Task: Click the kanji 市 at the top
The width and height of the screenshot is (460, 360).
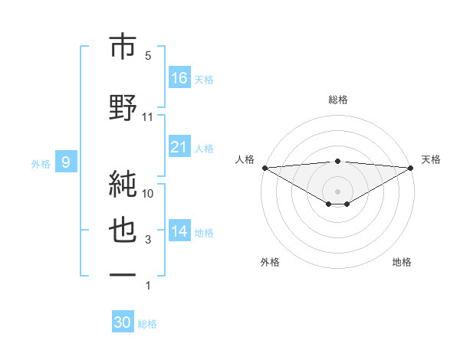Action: (123, 46)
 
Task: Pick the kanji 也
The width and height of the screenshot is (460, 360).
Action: (123, 231)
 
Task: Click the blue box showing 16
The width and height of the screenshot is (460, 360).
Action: (179, 78)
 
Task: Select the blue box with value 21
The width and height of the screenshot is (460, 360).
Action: (179, 147)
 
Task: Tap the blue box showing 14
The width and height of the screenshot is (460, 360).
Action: (179, 231)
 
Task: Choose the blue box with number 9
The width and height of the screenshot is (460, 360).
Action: (66, 162)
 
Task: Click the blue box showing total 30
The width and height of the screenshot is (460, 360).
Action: (123, 322)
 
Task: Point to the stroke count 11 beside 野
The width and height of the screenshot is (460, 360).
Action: (148, 117)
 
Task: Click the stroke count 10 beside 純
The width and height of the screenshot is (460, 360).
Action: (148, 194)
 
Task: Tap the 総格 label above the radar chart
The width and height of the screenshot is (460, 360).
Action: (338, 100)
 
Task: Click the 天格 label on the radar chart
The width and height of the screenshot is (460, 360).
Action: (432, 159)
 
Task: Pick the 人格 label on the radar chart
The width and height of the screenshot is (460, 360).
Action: (244, 159)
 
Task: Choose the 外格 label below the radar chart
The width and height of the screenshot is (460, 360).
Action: (270, 262)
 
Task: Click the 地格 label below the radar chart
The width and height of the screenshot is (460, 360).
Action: (402, 262)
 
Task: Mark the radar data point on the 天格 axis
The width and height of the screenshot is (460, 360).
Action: (412, 167)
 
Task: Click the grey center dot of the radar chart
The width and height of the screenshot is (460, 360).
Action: (338, 191)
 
